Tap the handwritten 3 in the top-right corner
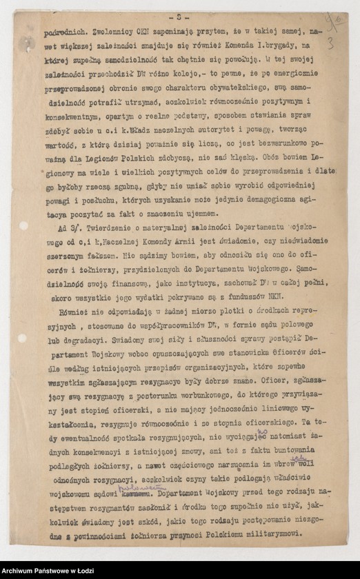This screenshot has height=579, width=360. (x=330, y=44)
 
